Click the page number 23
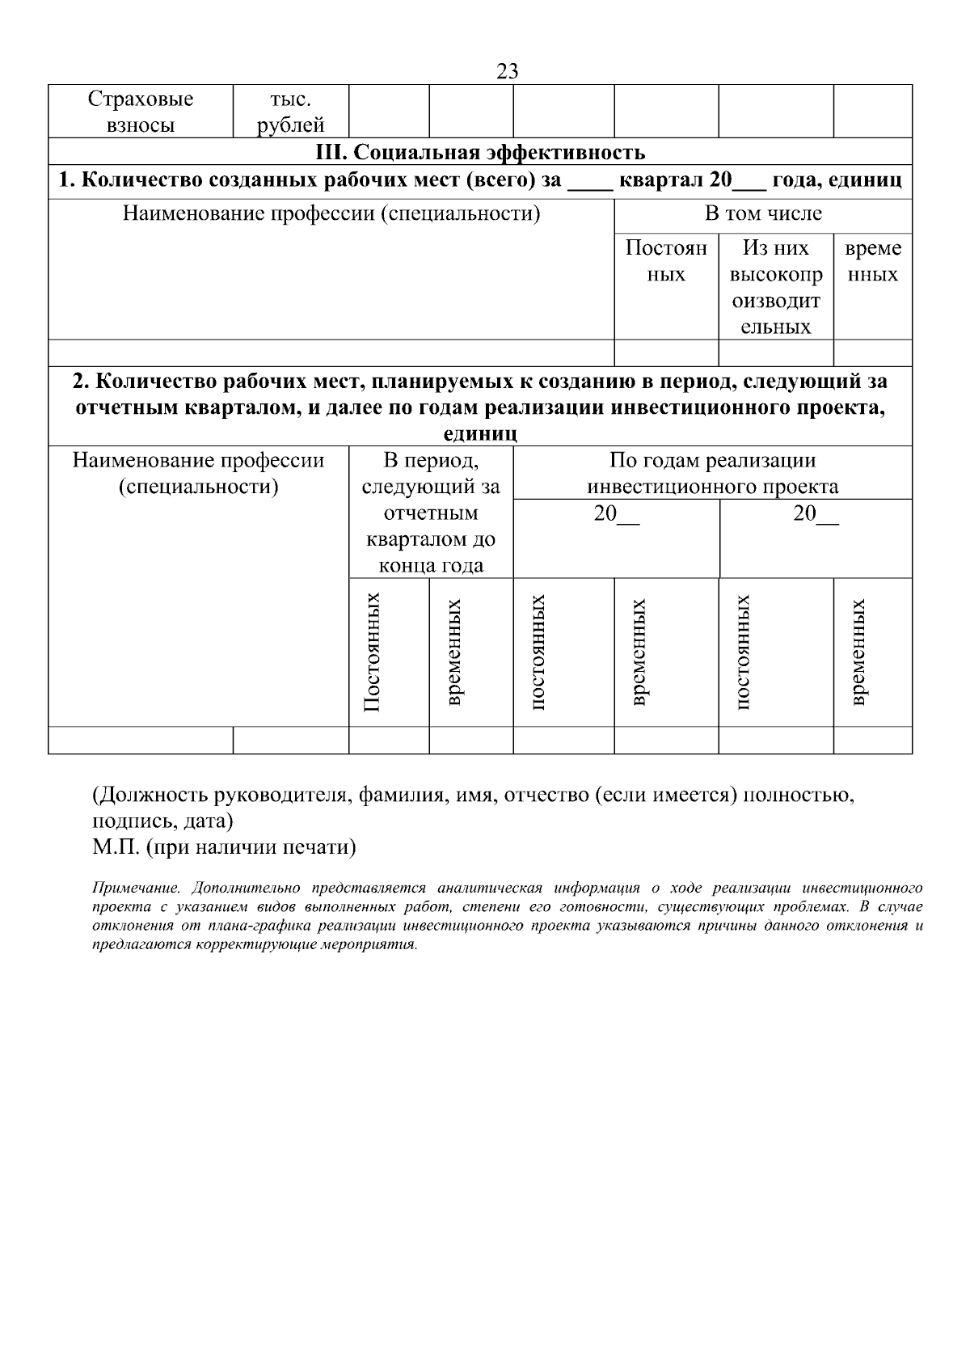[x=507, y=71]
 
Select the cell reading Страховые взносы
[x=141, y=112]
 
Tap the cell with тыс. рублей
[x=291, y=112]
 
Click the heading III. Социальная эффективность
[x=480, y=152]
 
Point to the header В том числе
[x=763, y=214]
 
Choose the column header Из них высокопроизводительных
[x=775, y=287]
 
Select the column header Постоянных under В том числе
[x=666, y=261]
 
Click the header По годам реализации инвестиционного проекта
[x=712, y=473]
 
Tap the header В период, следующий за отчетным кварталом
[x=431, y=513]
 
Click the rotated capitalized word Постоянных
[x=372, y=652]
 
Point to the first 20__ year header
[x=616, y=514]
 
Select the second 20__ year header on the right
[x=816, y=514]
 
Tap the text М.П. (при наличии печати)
[x=224, y=847]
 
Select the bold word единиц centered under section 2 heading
[x=480, y=434]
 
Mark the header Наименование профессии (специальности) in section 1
[x=331, y=214]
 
